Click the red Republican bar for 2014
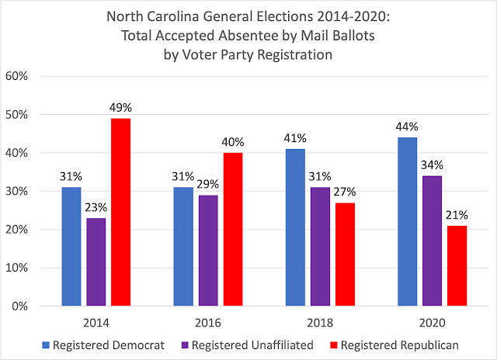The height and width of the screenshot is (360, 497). click(x=120, y=212)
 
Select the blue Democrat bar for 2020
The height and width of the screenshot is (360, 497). click(x=407, y=222)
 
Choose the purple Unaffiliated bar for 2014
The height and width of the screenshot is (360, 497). click(x=96, y=262)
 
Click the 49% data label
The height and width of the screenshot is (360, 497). click(x=121, y=106)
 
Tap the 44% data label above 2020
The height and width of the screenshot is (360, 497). click(x=408, y=126)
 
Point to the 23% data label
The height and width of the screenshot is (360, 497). click(x=97, y=206)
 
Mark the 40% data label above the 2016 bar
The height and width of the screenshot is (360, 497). click(x=232, y=142)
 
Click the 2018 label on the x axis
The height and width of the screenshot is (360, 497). click(x=319, y=322)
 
